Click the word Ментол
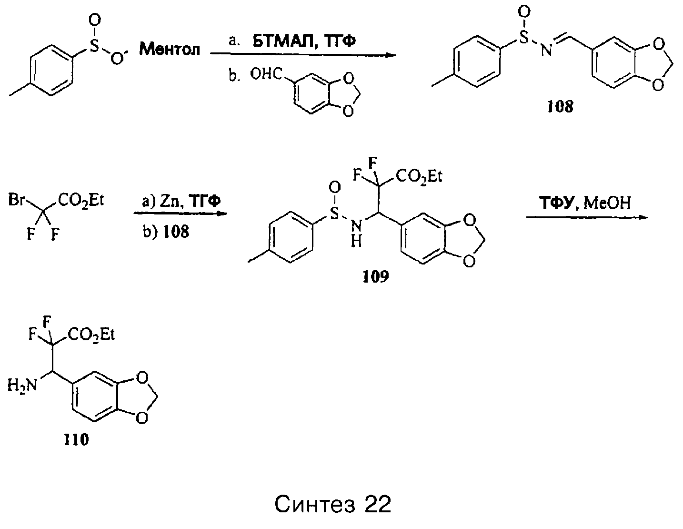[170, 50]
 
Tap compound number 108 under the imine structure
[560, 107]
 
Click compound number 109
[376, 276]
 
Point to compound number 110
[76, 439]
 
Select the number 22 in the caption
[378, 504]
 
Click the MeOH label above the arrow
[607, 203]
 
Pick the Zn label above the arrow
[170, 201]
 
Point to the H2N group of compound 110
[22, 385]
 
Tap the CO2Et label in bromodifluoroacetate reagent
[81, 200]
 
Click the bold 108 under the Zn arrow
[176, 232]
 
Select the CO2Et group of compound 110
[91, 335]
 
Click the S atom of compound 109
[334, 214]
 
